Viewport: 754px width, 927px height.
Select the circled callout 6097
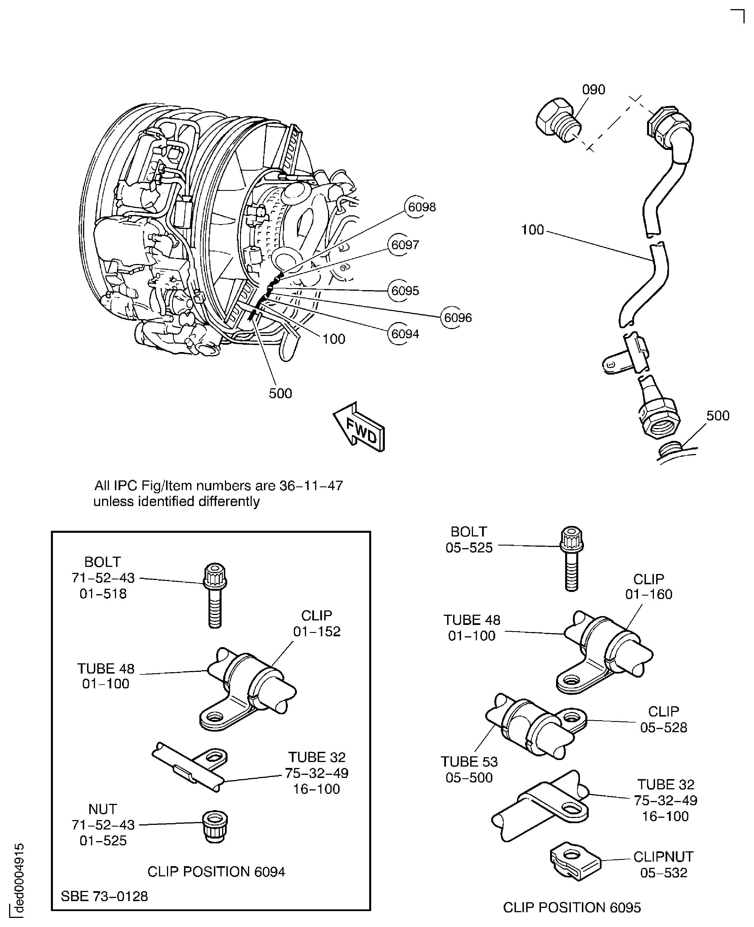pyautogui.click(x=404, y=245)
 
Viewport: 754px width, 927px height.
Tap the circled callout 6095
pyautogui.click(x=404, y=291)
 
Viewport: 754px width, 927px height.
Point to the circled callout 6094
pyautogui.click(x=404, y=334)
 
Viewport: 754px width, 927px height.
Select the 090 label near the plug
pyautogui.click(x=593, y=90)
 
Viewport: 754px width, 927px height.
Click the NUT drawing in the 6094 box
pyautogui.click(x=215, y=826)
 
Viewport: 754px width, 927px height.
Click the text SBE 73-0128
pyautogui.click(x=104, y=896)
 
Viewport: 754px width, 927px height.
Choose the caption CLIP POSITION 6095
pyautogui.click(x=572, y=907)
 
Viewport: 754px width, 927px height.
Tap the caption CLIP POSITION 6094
pyautogui.click(x=216, y=872)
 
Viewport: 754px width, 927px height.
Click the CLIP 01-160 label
pyautogui.click(x=648, y=587)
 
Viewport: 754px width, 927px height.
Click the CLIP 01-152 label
pyautogui.click(x=317, y=623)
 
